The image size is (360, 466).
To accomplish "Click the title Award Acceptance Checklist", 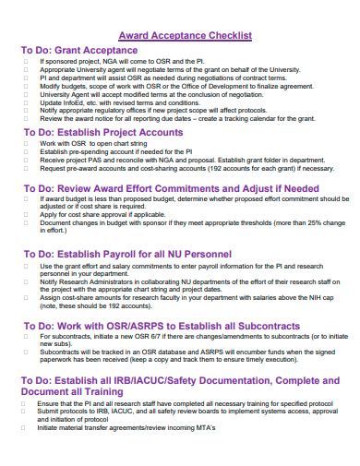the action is [179, 35].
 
